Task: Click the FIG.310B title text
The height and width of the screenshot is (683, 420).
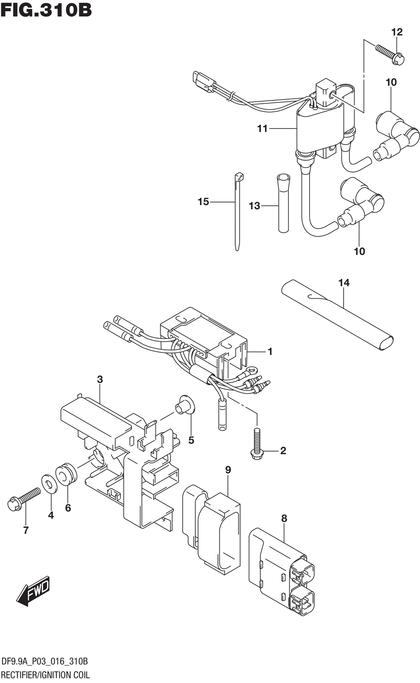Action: click(46, 10)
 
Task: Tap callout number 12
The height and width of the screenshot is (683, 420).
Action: click(397, 32)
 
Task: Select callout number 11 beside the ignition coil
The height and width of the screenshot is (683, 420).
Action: click(262, 129)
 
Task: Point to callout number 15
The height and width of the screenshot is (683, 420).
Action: click(203, 202)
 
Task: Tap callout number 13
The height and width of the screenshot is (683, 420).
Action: click(255, 206)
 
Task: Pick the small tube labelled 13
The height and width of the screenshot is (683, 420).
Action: click(283, 204)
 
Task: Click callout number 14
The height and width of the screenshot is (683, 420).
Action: click(344, 283)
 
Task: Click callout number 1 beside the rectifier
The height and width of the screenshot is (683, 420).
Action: click(270, 351)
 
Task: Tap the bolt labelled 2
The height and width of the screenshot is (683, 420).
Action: click(257, 443)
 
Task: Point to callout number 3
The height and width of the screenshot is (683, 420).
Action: click(100, 379)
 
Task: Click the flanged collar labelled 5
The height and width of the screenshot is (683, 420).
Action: click(185, 405)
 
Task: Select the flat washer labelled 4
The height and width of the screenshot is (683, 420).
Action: click(50, 485)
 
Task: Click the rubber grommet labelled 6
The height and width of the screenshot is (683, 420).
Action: click(66, 475)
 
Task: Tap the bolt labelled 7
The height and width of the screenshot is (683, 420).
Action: click(24, 500)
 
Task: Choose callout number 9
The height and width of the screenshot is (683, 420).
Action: click(228, 470)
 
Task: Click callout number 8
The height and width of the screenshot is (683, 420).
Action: click(284, 518)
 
